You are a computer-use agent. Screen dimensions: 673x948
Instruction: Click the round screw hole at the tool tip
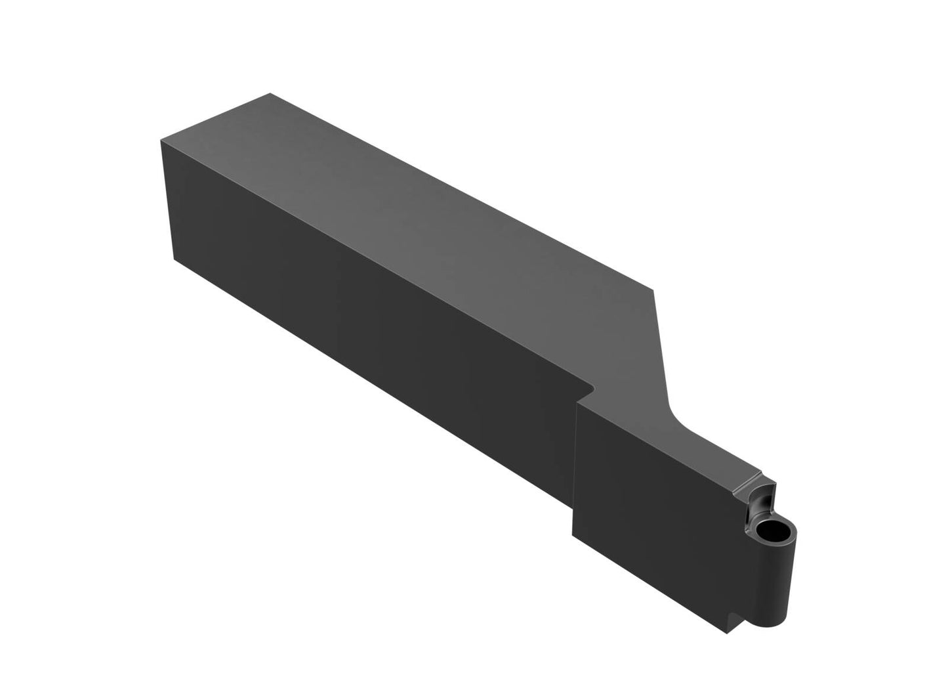pyautogui.click(x=772, y=531)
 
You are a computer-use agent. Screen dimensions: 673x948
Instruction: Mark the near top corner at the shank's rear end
pyautogui.click(x=161, y=140)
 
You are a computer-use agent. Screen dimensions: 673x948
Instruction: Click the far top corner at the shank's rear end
pyautogui.click(x=270, y=94)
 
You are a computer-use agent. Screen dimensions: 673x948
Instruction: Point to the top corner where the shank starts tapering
pyautogui.click(x=654, y=288)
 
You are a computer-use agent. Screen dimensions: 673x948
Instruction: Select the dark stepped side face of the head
pyautogui.click(x=656, y=512)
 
